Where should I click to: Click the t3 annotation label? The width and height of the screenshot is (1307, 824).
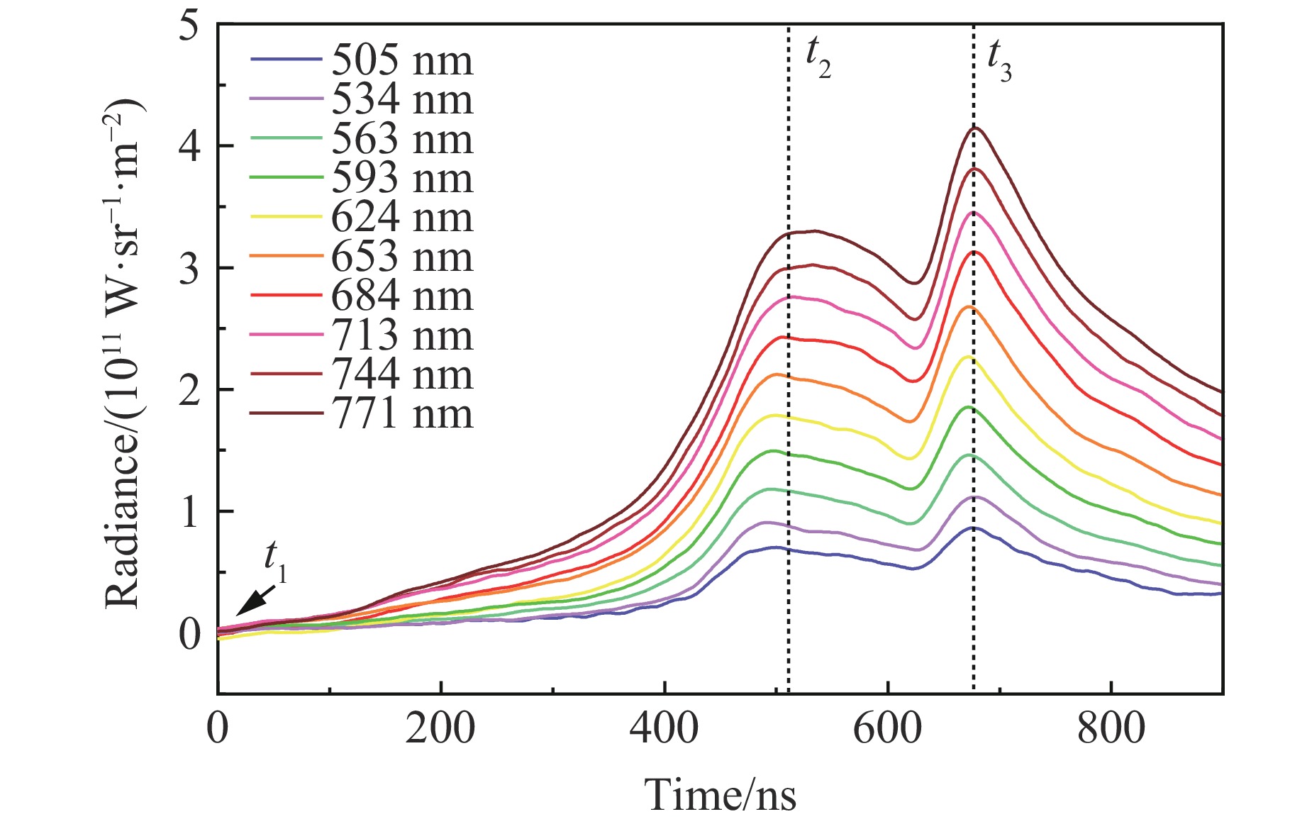click(999, 60)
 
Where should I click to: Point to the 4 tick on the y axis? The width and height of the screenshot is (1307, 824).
click(189, 146)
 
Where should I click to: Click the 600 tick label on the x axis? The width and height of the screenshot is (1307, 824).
click(887, 728)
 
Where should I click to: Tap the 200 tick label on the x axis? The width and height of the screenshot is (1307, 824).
click(440, 728)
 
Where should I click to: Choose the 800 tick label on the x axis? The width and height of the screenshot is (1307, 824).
click(1111, 728)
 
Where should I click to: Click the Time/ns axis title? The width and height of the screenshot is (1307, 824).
click(720, 794)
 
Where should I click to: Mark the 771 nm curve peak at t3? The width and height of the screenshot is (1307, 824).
click(974, 128)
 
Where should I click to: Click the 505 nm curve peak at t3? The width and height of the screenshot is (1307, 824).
click(974, 528)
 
